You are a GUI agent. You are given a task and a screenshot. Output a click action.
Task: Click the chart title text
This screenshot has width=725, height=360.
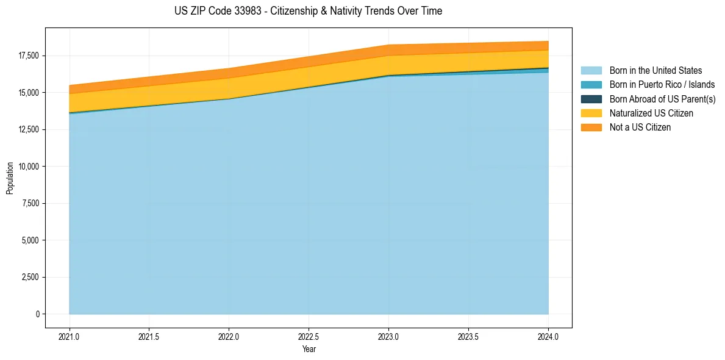(308, 11)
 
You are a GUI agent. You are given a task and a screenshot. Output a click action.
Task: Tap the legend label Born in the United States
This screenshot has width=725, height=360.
(655, 71)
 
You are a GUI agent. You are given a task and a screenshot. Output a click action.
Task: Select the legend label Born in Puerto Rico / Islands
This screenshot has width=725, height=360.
(662, 85)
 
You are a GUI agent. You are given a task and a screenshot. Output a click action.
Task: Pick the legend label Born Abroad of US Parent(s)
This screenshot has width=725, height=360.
(662, 99)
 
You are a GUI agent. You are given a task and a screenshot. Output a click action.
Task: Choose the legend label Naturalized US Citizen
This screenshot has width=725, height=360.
(651, 113)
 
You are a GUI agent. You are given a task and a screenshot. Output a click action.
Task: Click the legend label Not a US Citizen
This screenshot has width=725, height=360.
(640, 128)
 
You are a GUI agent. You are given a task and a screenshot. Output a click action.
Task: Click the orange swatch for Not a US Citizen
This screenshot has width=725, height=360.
(591, 128)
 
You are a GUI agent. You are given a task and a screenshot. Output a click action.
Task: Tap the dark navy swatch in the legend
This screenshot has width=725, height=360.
(591, 99)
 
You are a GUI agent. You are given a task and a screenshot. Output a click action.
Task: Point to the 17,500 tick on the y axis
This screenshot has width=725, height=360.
(28, 56)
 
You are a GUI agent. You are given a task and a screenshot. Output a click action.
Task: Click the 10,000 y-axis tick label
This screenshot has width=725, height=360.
(28, 167)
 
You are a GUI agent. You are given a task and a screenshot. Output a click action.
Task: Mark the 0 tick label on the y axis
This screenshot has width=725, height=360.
(37, 314)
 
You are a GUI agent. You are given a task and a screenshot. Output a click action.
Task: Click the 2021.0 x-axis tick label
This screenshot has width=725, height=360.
(69, 336)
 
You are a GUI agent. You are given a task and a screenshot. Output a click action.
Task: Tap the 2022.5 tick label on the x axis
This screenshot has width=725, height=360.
(309, 336)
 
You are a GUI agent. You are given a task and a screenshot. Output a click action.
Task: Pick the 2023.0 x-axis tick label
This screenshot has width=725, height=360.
(388, 336)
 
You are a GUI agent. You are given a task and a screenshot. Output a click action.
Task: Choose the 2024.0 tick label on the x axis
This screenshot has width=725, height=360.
(548, 336)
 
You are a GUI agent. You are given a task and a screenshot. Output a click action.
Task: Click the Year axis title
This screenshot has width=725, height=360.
(309, 349)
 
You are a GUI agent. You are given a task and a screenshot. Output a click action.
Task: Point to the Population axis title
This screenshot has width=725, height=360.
(10, 178)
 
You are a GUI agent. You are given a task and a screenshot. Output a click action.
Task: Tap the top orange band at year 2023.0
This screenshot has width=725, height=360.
(388, 50)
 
